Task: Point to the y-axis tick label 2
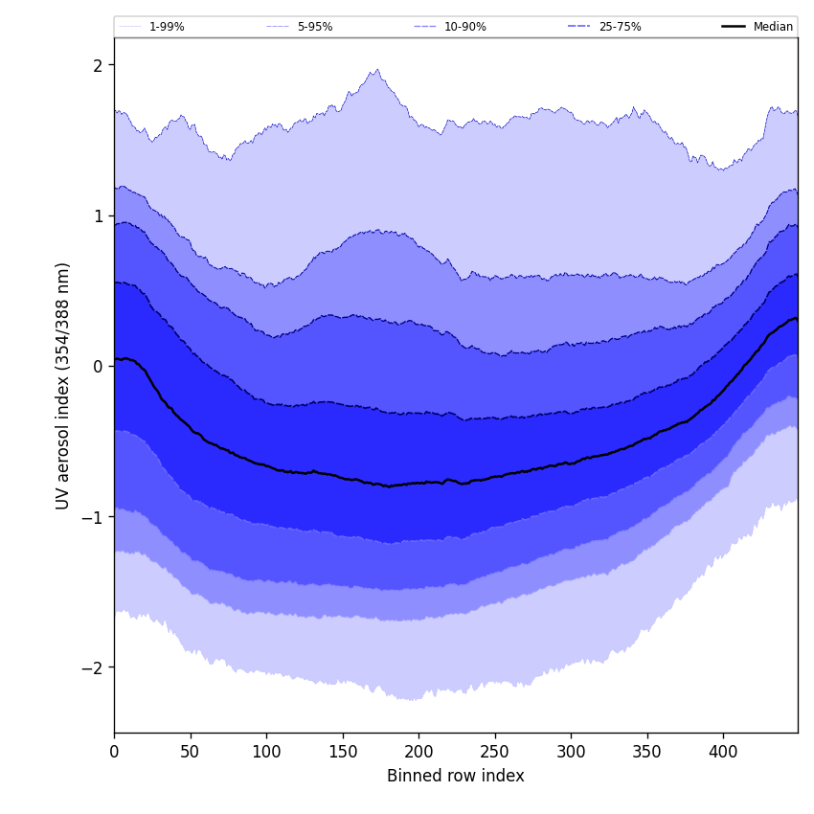(x=98, y=65)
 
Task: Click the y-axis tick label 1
(x=98, y=215)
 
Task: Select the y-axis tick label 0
(x=98, y=366)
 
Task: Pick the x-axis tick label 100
(x=266, y=753)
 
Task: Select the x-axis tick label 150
(x=343, y=753)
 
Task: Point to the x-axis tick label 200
(x=418, y=753)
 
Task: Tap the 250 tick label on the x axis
(x=495, y=753)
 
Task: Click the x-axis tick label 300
(x=571, y=753)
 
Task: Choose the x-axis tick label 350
(x=647, y=753)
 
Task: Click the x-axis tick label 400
(x=723, y=753)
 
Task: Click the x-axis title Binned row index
(x=456, y=776)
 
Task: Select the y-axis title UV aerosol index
(x=63, y=385)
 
